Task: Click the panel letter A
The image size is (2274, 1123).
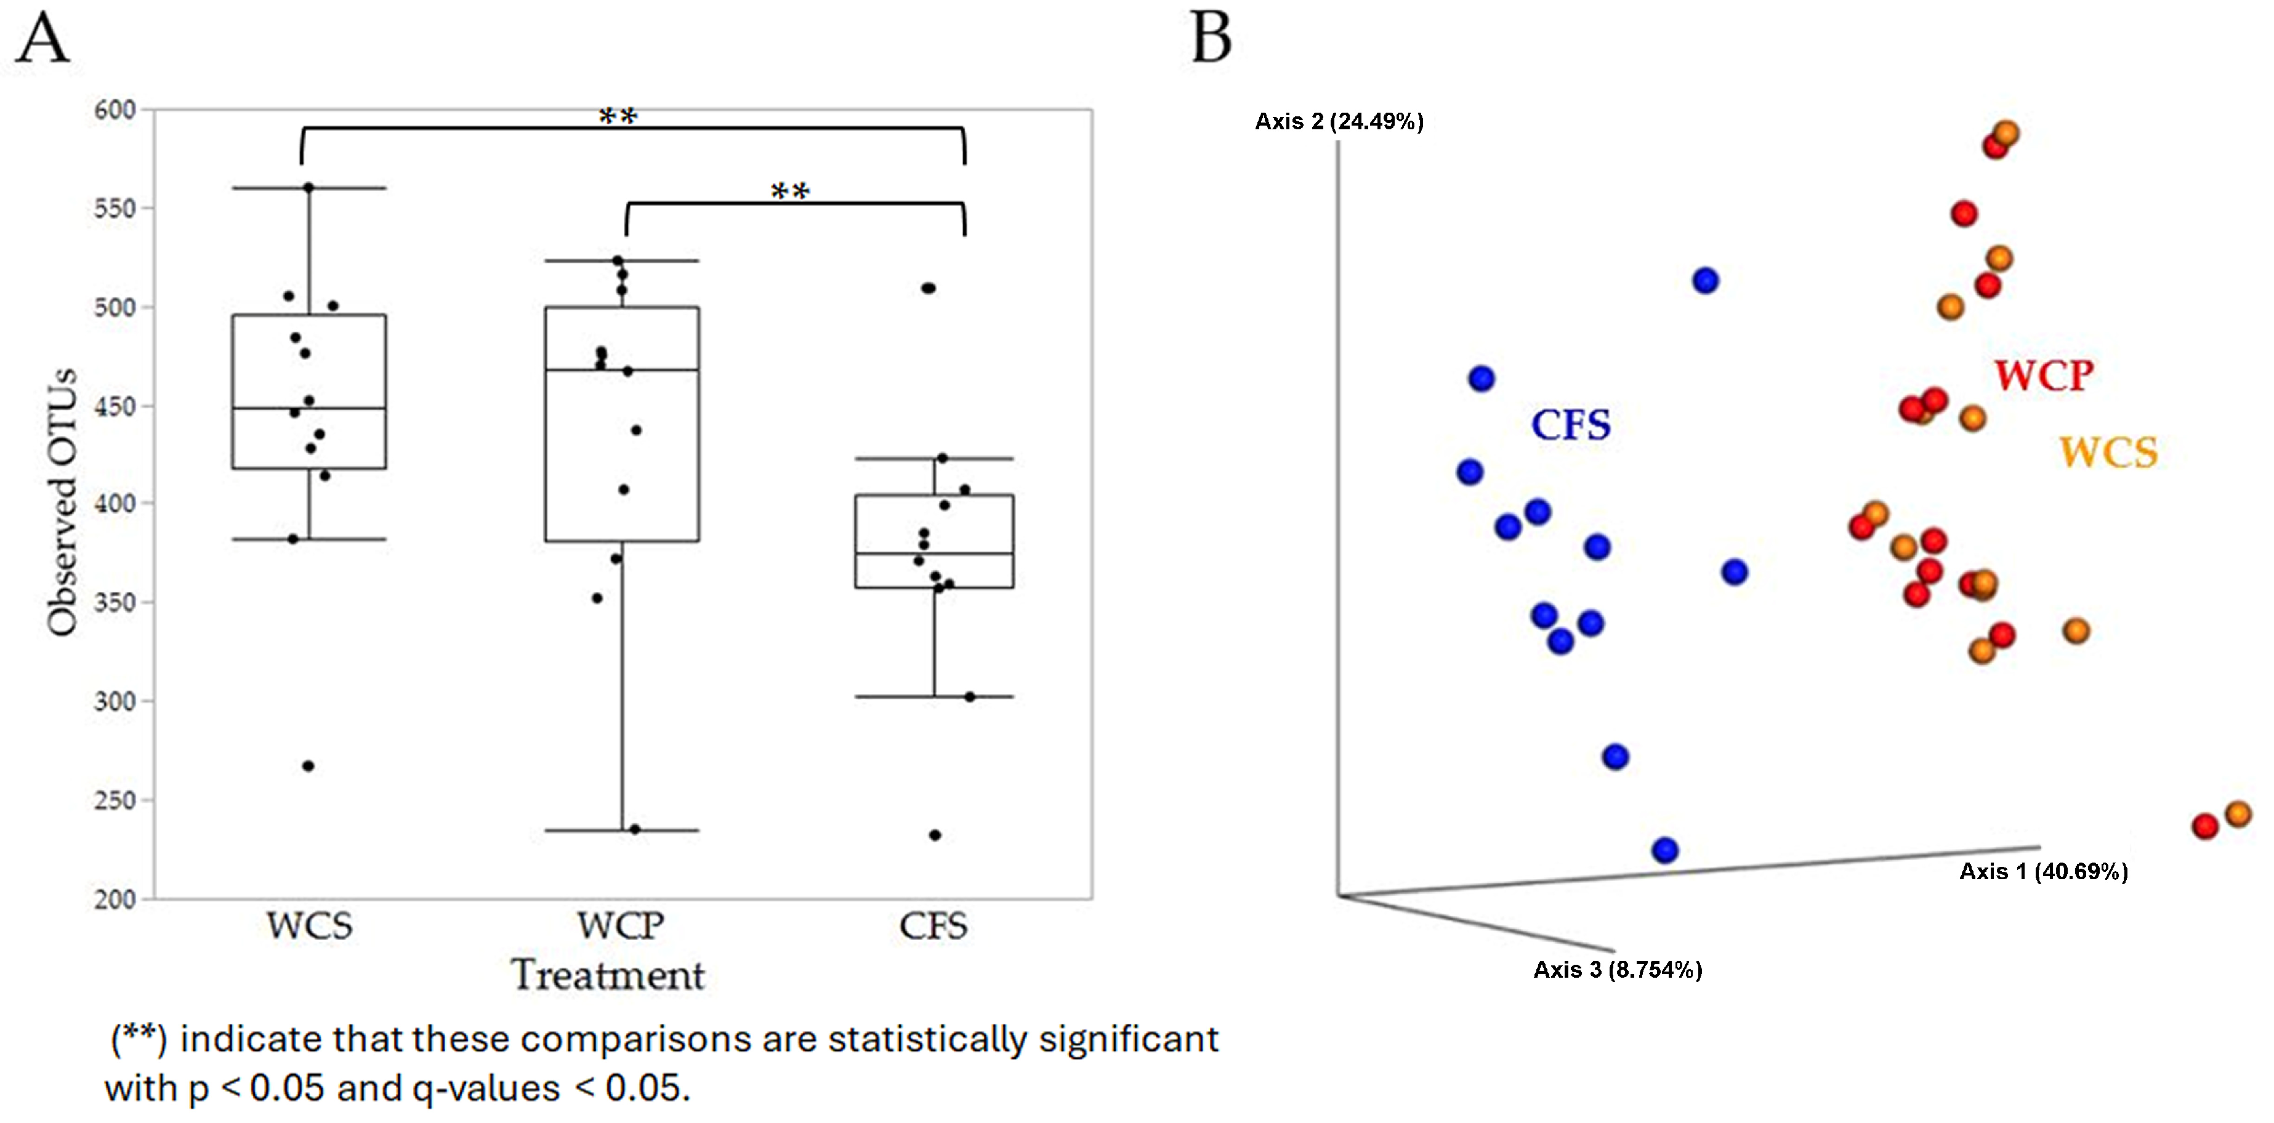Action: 42,40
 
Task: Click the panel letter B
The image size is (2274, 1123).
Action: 1211,40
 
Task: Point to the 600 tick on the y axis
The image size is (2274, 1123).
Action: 115,110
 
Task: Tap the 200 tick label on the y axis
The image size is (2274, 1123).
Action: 115,900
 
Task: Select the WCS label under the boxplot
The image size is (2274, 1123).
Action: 310,926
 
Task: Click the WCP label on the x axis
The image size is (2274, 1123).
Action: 621,926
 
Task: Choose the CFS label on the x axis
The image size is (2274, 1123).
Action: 933,926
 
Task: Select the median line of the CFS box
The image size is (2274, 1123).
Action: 934,553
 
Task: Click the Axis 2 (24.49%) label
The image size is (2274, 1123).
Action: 1339,122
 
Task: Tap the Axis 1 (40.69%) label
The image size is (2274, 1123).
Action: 2044,871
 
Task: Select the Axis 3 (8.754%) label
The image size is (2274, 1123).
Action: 1617,969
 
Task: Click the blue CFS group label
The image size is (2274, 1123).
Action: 1570,425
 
